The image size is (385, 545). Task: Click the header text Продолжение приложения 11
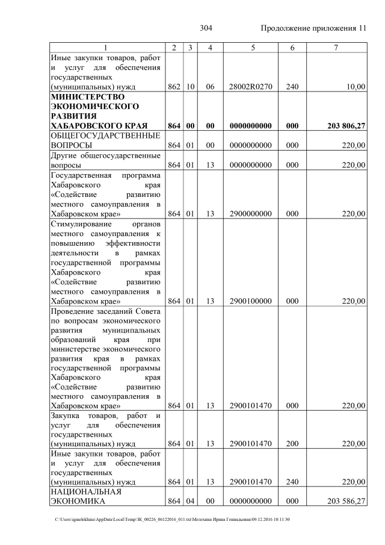click(x=313, y=28)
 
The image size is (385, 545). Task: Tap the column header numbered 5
click(x=251, y=48)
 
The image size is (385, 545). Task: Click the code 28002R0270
click(x=251, y=87)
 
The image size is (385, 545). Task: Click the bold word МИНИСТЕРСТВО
click(x=88, y=96)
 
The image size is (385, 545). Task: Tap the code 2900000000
click(x=251, y=213)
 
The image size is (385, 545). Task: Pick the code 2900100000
click(x=251, y=301)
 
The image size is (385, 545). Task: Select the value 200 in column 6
click(x=292, y=444)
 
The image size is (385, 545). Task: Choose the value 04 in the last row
click(x=189, y=501)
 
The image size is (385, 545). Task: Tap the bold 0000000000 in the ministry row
click(x=251, y=126)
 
